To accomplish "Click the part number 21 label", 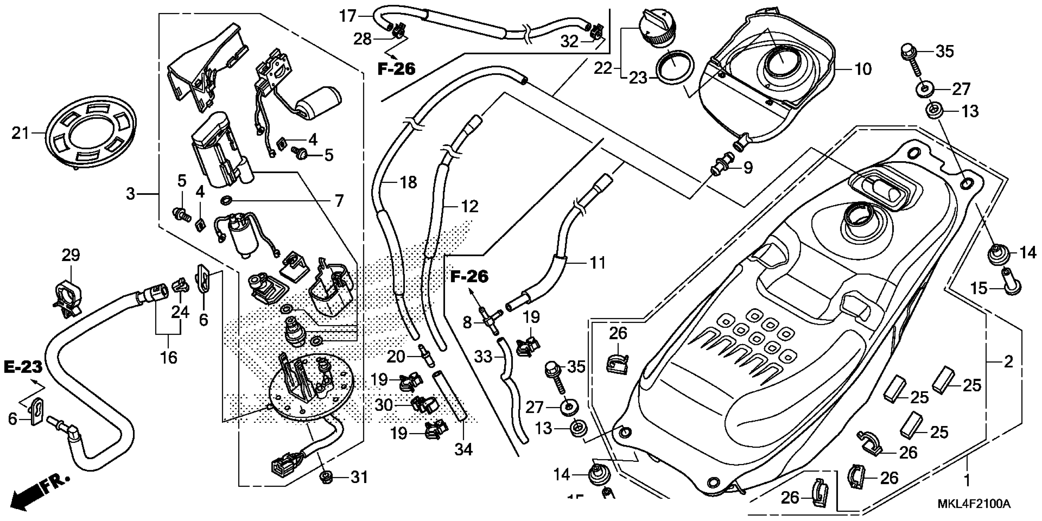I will (20, 133).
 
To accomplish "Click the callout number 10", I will (862, 69).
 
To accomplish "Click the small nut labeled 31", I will (325, 477).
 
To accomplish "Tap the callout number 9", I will (747, 167).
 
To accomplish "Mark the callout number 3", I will (131, 194).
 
